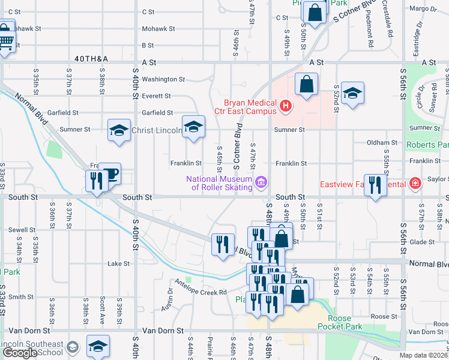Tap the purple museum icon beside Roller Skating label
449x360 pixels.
pyautogui.click(x=261, y=182)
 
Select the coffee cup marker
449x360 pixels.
pyautogui.click(x=110, y=175)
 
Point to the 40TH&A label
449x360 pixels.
pyautogui.click(x=91, y=59)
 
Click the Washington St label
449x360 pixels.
pyautogui.click(x=163, y=79)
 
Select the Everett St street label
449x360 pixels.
pyautogui.click(x=156, y=96)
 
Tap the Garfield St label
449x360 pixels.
pyautogui.click(x=157, y=113)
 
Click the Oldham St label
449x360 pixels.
pyautogui.click(x=382, y=143)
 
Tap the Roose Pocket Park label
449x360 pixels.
pyautogui.click(x=345, y=323)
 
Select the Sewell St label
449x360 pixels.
pyautogui.click(x=21, y=230)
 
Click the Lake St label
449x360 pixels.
pyautogui.click(x=118, y=263)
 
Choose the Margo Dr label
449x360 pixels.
pyautogui.click(x=423, y=9)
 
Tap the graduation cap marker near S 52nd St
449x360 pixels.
pyautogui.click(x=353, y=93)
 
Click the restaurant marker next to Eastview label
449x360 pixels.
pyautogui.click(x=375, y=185)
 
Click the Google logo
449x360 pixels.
pyautogui.click(x=20, y=353)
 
